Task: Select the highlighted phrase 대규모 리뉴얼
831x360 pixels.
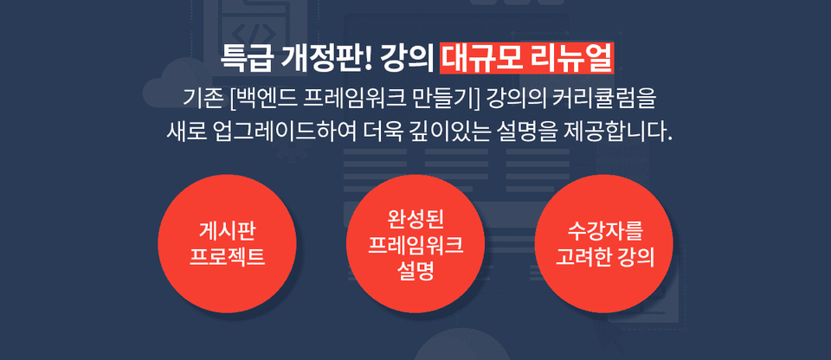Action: click(527, 59)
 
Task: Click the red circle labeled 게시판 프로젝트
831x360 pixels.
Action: click(227, 243)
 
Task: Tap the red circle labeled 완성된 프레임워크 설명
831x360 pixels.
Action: click(415, 243)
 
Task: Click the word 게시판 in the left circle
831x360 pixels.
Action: click(227, 232)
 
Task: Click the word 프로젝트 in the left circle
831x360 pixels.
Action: click(227, 257)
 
